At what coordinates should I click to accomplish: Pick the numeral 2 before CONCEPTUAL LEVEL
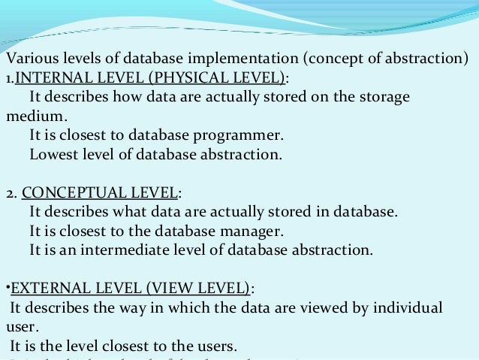tap(9, 193)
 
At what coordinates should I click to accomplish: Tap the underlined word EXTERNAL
tap(44, 289)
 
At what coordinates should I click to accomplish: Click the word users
tap(216, 346)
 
